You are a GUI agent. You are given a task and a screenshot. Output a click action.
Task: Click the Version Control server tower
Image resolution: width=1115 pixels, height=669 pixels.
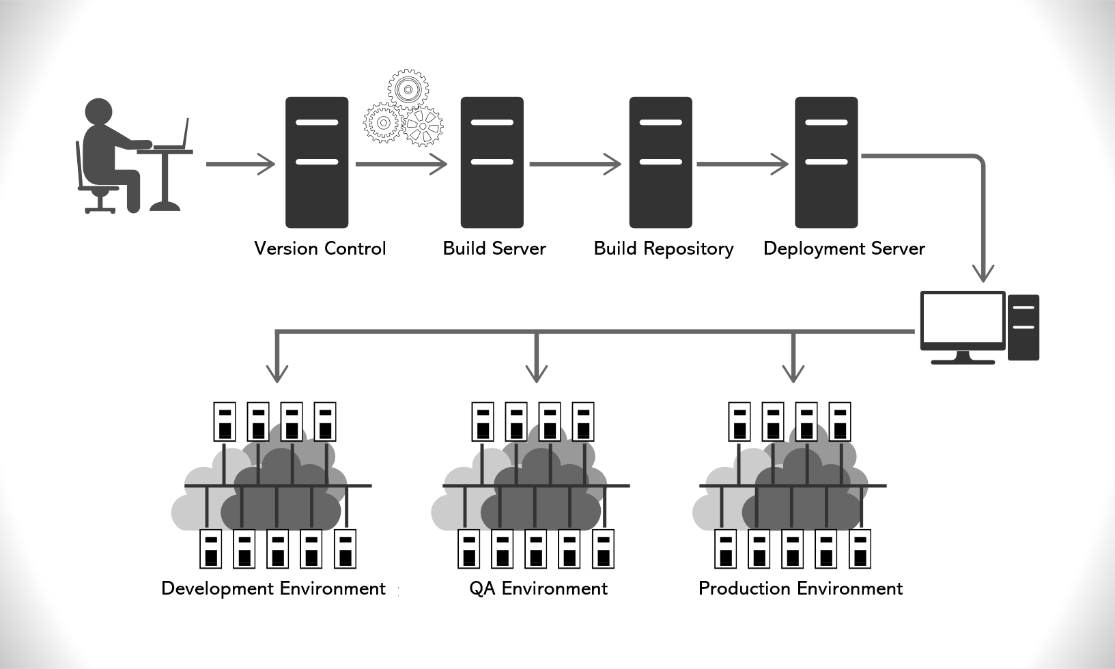317,162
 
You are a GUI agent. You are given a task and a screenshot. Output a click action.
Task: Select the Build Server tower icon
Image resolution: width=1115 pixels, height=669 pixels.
492,162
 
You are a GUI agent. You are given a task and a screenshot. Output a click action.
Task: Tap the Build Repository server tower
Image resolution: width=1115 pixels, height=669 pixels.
660,162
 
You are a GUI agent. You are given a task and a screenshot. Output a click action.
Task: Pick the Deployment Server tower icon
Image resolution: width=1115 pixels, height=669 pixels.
826,162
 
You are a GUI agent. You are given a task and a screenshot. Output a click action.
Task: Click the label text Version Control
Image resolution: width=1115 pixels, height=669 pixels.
320,248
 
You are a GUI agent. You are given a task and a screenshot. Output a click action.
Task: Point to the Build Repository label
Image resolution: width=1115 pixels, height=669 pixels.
663,248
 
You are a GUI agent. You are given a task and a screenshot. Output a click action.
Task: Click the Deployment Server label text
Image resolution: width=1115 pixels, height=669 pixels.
844,248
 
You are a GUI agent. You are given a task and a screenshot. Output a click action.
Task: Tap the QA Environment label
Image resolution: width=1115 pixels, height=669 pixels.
538,588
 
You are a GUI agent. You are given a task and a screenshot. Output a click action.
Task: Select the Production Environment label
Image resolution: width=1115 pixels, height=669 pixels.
800,588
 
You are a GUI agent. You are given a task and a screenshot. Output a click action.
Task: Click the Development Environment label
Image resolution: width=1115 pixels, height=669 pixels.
273,588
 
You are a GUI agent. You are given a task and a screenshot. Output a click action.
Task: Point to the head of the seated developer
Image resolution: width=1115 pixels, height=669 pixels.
98,113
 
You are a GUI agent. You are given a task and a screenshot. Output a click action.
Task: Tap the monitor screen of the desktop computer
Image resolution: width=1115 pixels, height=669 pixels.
962,319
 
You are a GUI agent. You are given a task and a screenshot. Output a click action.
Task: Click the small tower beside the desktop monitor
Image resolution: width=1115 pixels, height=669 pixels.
1023,327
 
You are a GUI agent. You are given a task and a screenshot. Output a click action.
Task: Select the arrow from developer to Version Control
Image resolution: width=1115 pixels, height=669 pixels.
240,164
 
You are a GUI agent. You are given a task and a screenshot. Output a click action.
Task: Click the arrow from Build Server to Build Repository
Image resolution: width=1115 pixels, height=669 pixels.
574,164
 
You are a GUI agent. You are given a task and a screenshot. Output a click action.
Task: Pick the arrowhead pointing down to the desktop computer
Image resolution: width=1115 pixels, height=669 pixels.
983,272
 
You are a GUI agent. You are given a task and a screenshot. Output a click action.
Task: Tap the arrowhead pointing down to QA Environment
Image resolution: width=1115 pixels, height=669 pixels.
537,372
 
